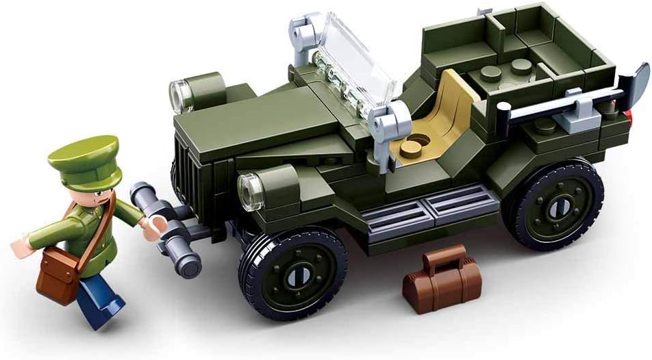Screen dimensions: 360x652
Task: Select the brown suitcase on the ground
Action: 442,282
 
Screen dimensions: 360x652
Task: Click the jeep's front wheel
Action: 292,271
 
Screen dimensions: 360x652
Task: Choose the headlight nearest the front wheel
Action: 251,187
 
